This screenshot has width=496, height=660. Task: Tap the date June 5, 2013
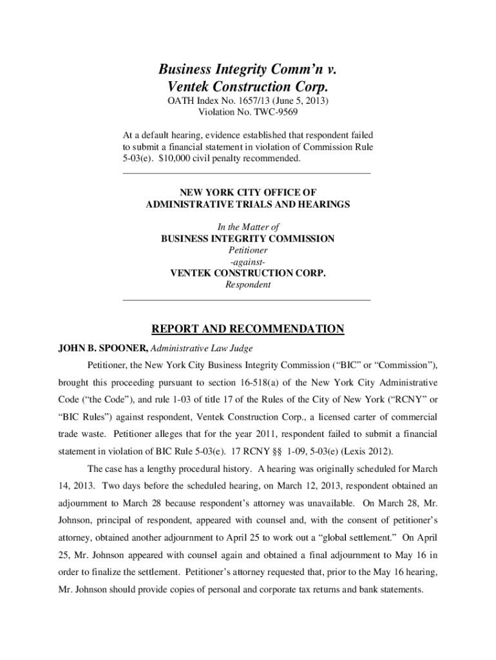301,101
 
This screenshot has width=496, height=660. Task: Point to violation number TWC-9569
269,112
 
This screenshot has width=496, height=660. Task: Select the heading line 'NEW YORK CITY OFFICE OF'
247,193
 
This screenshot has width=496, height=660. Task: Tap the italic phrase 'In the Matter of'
248,227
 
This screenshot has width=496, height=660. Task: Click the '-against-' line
248,262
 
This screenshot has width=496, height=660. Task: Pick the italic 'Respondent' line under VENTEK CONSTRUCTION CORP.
248,284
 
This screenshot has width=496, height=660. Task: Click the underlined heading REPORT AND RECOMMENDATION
247,329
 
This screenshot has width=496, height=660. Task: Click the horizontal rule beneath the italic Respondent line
247,300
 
